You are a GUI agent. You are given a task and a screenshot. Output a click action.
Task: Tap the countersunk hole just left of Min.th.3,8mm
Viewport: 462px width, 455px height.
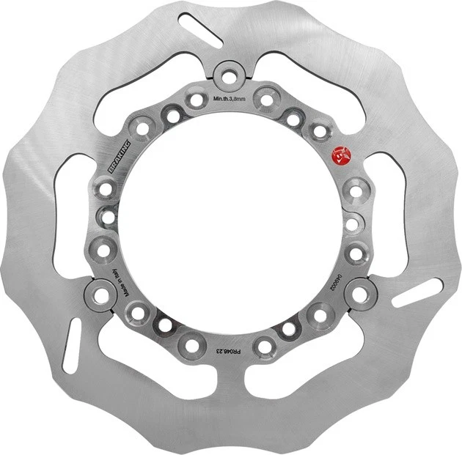point(196,99)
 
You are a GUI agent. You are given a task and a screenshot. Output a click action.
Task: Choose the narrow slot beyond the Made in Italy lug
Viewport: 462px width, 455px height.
point(73,345)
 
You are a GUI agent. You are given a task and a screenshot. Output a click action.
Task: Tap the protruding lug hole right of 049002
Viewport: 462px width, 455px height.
point(359,293)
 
